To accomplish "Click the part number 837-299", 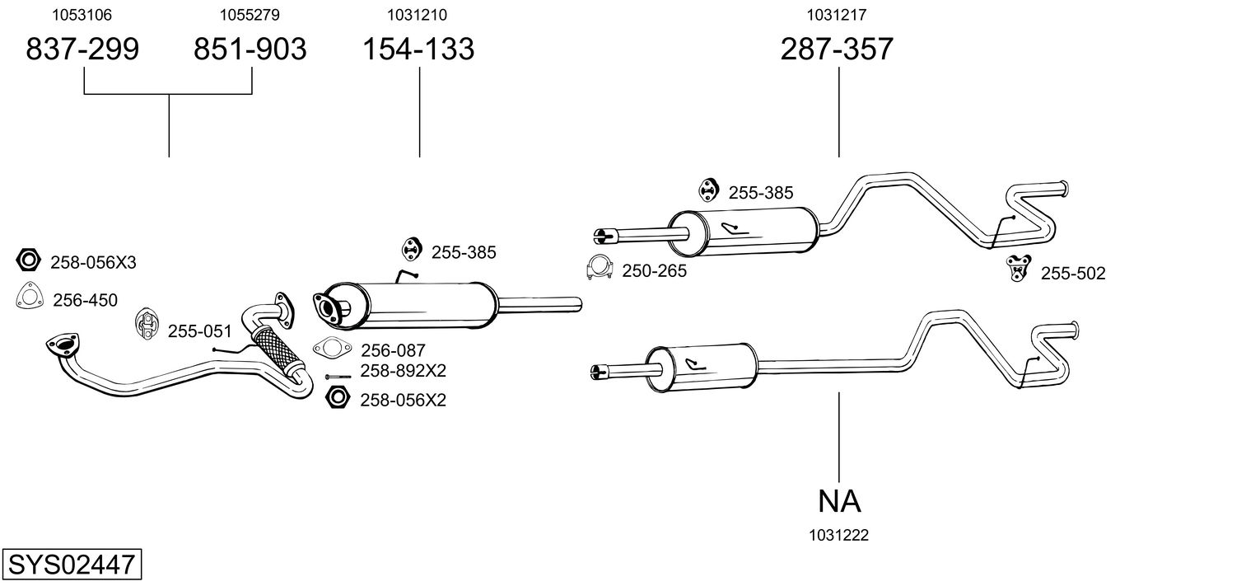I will [82, 49].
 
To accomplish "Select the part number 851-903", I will [250, 49].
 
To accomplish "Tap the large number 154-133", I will [419, 49].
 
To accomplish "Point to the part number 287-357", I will [837, 49].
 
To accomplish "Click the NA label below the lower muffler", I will [839, 500].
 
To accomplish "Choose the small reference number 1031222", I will [839, 536].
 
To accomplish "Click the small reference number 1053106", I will [82, 15].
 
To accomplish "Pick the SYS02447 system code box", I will [71, 565].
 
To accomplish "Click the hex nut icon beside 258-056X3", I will [28, 261].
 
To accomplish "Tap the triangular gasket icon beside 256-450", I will [29, 297].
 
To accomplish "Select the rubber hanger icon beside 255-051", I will [147, 324].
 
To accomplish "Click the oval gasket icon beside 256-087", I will [329, 349].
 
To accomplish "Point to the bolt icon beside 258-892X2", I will [338, 377].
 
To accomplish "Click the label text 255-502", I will [1073, 274].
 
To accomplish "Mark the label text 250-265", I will [654, 270].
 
